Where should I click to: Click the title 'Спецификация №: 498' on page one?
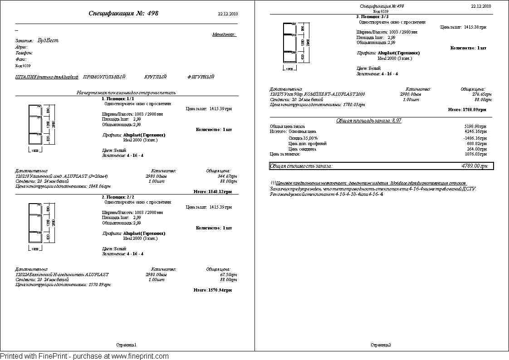(x=123, y=14)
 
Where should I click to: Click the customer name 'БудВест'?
(x=49, y=40)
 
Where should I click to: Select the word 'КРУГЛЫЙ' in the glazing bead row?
(x=156, y=77)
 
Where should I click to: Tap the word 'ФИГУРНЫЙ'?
(x=201, y=77)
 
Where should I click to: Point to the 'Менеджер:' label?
(x=224, y=34)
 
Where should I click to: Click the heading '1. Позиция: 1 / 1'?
(x=118, y=98)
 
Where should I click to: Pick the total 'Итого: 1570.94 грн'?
(x=213, y=290)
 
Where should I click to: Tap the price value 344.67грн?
(x=227, y=176)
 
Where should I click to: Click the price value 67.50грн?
(x=229, y=275)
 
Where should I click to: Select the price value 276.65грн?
(x=482, y=94)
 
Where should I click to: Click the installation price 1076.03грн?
(x=476, y=154)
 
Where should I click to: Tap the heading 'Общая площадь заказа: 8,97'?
(x=369, y=121)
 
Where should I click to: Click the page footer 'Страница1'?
(x=126, y=345)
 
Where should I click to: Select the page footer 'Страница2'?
(x=381, y=345)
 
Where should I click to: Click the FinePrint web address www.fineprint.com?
(x=140, y=356)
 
